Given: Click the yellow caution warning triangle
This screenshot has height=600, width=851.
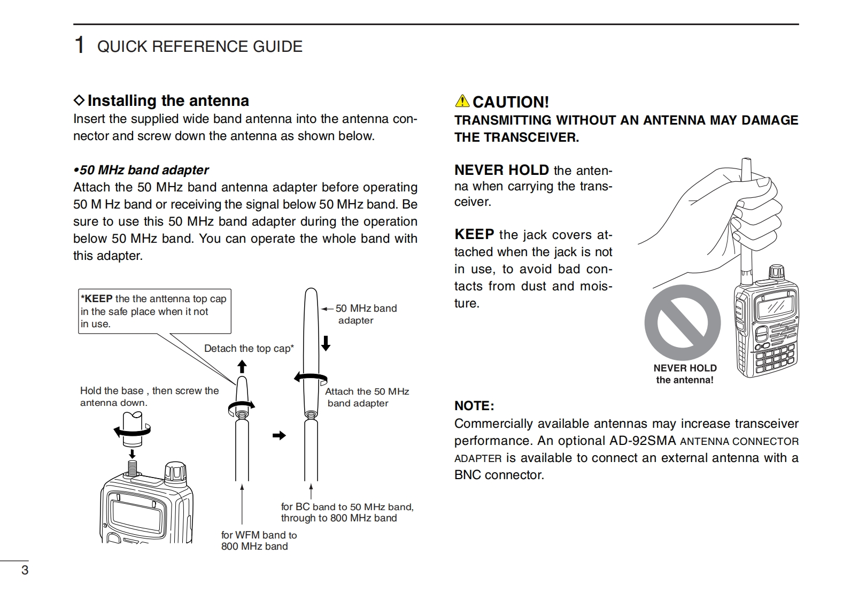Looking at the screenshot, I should pyautogui.click(x=462, y=101).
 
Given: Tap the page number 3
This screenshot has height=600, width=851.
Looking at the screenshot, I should pyautogui.click(x=25, y=570).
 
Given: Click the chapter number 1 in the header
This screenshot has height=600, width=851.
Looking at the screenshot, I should pyautogui.click(x=80, y=45).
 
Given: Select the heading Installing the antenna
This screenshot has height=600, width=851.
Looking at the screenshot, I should pyautogui.click(x=168, y=101).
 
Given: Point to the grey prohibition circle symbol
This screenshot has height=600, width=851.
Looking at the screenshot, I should pyautogui.click(x=682, y=322).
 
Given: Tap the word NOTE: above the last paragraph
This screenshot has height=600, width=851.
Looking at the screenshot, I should pyautogui.click(x=474, y=406).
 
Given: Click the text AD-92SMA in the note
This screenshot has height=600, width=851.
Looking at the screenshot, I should pyautogui.click(x=643, y=441).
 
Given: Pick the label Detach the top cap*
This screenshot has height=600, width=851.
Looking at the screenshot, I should pyautogui.click(x=249, y=349).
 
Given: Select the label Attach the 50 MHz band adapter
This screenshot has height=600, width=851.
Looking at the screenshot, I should pyautogui.click(x=367, y=397).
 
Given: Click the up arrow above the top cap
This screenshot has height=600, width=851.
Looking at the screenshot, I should pyautogui.click(x=242, y=366).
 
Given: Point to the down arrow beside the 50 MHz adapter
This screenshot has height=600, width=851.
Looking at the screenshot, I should pyautogui.click(x=326, y=343).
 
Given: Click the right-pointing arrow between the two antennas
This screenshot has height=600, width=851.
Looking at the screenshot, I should pyautogui.click(x=279, y=435).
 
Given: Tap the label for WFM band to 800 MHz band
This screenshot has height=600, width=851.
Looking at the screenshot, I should pyautogui.click(x=259, y=541).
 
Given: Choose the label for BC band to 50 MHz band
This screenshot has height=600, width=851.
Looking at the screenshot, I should pyautogui.click(x=347, y=512).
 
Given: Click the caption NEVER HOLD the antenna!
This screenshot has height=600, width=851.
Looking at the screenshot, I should pyautogui.click(x=685, y=374).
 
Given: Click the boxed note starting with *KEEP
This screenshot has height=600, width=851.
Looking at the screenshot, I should pyautogui.click(x=154, y=311).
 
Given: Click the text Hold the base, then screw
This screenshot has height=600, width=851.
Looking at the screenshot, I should pyautogui.click(x=149, y=396).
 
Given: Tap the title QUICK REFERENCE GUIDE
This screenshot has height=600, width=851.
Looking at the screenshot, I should pyautogui.click(x=199, y=47).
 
